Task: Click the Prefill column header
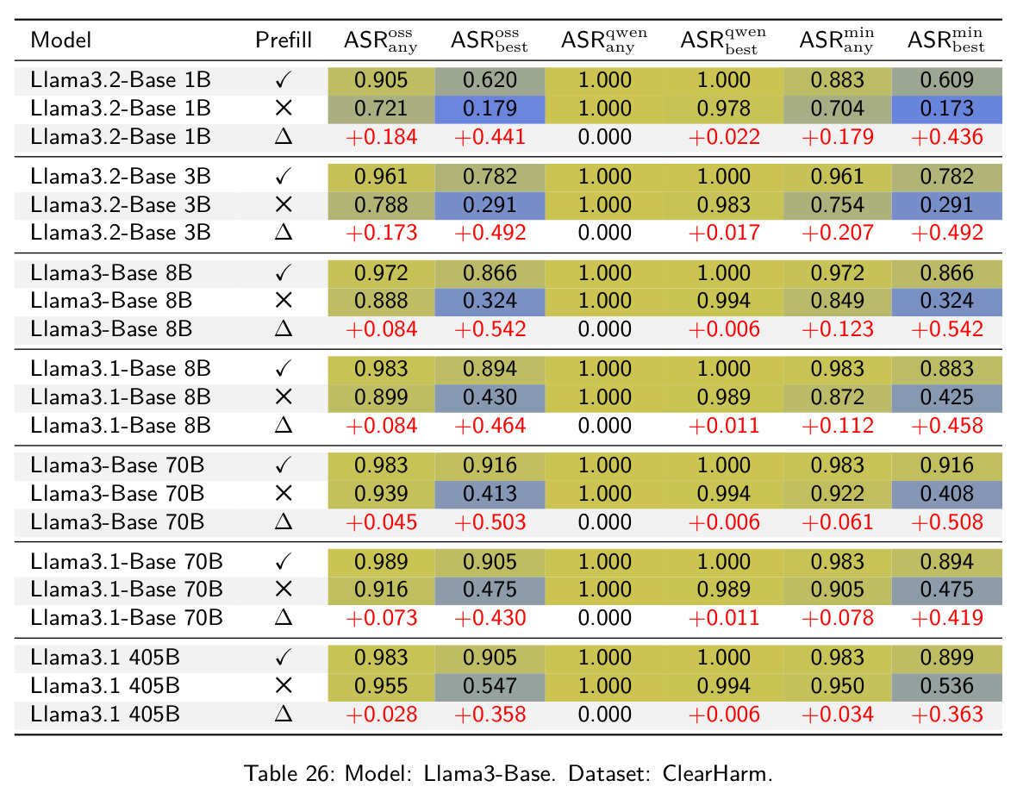click(x=284, y=41)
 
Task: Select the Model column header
click(x=61, y=41)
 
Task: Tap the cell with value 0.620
click(x=490, y=80)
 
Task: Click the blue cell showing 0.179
click(x=490, y=109)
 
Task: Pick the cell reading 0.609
click(x=947, y=80)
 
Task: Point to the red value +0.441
click(x=490, y=137)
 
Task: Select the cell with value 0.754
click(x=838, y=205)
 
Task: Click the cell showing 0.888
click(x=381, y=301)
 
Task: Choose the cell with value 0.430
click(x=490, y=396)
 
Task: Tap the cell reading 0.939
click(x=381, y=494)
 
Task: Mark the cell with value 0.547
click(x=490, y=686)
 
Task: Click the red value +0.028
click(x=381, y=714)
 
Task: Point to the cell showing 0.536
click(x=947, y=686)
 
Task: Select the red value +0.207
click(x=838, y=233)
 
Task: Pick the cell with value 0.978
click(x=724, y=109)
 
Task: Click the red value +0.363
click(x=947, y=714)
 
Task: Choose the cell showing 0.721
click(x=381, y=109)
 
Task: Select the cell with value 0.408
click(x=947, y=494)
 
